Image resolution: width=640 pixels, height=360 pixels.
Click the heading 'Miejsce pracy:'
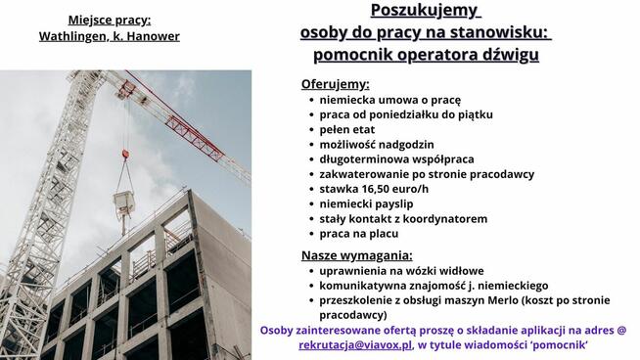pos(109,19)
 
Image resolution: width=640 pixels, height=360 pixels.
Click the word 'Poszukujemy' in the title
pos(426,12)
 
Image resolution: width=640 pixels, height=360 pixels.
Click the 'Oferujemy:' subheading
pos(336,84)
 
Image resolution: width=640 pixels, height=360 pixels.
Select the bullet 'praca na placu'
pos(359,235)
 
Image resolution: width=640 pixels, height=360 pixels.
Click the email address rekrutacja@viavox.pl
pos(355,345)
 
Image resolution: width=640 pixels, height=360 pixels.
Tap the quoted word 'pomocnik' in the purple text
pos(568,345)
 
